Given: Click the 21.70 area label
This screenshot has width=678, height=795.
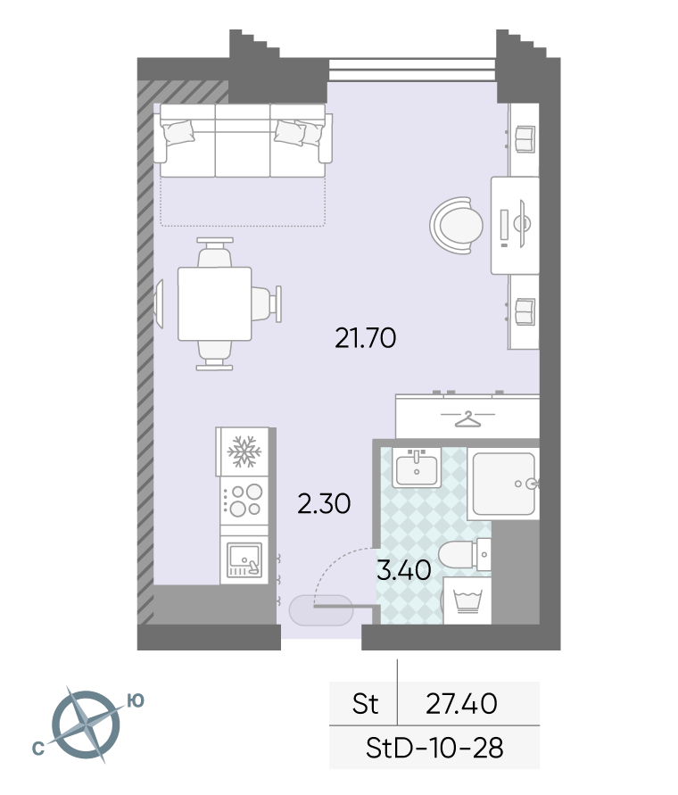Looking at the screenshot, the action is coord(365,338).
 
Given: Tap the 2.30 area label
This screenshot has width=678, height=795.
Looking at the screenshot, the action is coord(324,504).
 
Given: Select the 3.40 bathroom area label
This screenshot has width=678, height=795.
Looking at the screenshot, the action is coord(404,570).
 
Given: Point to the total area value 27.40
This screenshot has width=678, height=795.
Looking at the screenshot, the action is coord(461,704).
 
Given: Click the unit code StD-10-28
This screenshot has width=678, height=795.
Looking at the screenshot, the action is coord(434,748).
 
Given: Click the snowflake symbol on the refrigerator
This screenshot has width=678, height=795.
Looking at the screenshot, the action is coord(244,451).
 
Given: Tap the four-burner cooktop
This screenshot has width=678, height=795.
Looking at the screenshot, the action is coord(244,500).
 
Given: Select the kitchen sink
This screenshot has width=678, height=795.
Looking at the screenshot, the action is coord(244,559).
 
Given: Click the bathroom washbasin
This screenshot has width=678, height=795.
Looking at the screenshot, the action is coord(417,468).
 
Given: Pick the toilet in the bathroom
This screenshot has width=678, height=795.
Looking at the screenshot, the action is coord(464,555).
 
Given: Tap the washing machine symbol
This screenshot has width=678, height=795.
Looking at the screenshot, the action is coord(467,600).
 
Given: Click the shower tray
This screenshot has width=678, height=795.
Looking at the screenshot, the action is coord(503,484).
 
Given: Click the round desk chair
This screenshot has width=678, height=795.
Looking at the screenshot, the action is coord(457,225).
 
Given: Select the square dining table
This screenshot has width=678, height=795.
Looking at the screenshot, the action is coord(214,303).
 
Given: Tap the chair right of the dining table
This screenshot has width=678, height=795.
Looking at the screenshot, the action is coord(267,303).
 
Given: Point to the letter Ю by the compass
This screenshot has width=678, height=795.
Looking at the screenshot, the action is coord(136,700).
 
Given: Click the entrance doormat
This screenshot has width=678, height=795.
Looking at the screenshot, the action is coord(320,610).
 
